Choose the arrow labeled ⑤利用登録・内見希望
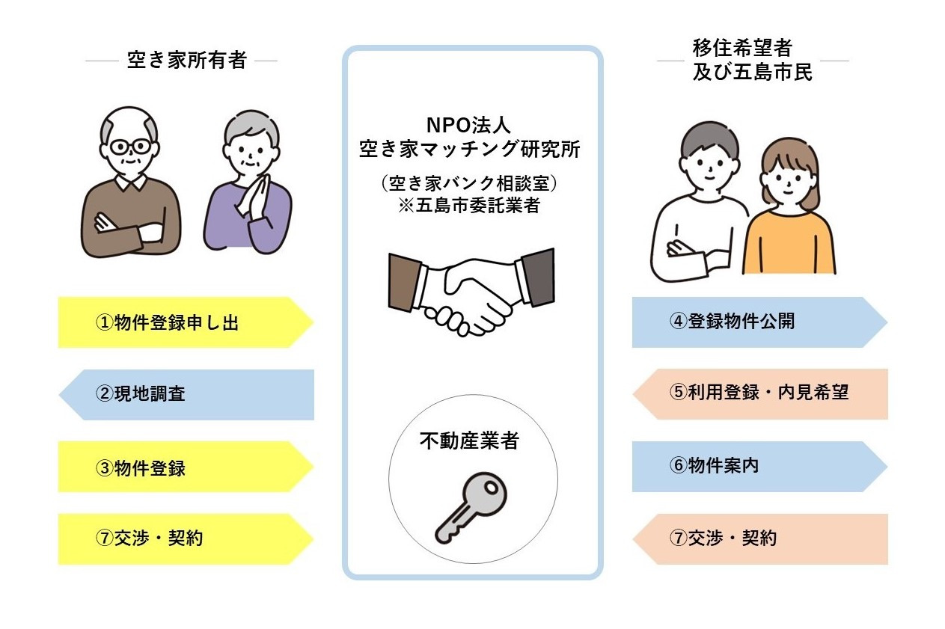(759, 393)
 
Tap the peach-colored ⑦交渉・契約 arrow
(759, 539)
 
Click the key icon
(471, 509)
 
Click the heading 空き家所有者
(186, 61)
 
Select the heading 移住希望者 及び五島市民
(752, 61)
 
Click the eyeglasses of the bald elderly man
(130, 145)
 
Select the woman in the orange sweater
(789, 217)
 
